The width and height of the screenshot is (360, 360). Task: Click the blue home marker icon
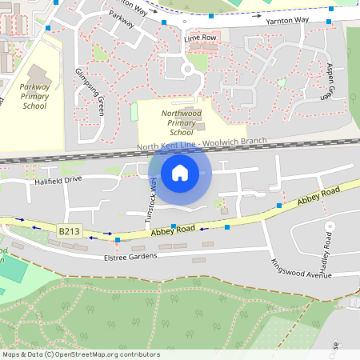click(x=180, y=173)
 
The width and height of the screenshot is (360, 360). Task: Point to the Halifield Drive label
click(x=58, y=181)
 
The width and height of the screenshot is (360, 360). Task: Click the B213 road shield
click(x=70, y=230)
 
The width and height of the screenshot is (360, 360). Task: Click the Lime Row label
click(x=200, y=38)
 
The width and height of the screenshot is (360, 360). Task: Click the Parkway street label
click(x=119, y=16)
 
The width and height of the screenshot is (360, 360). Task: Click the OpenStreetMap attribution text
click(x=80, y=354)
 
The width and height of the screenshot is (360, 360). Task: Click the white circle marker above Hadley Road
click(x=329, y=226)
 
